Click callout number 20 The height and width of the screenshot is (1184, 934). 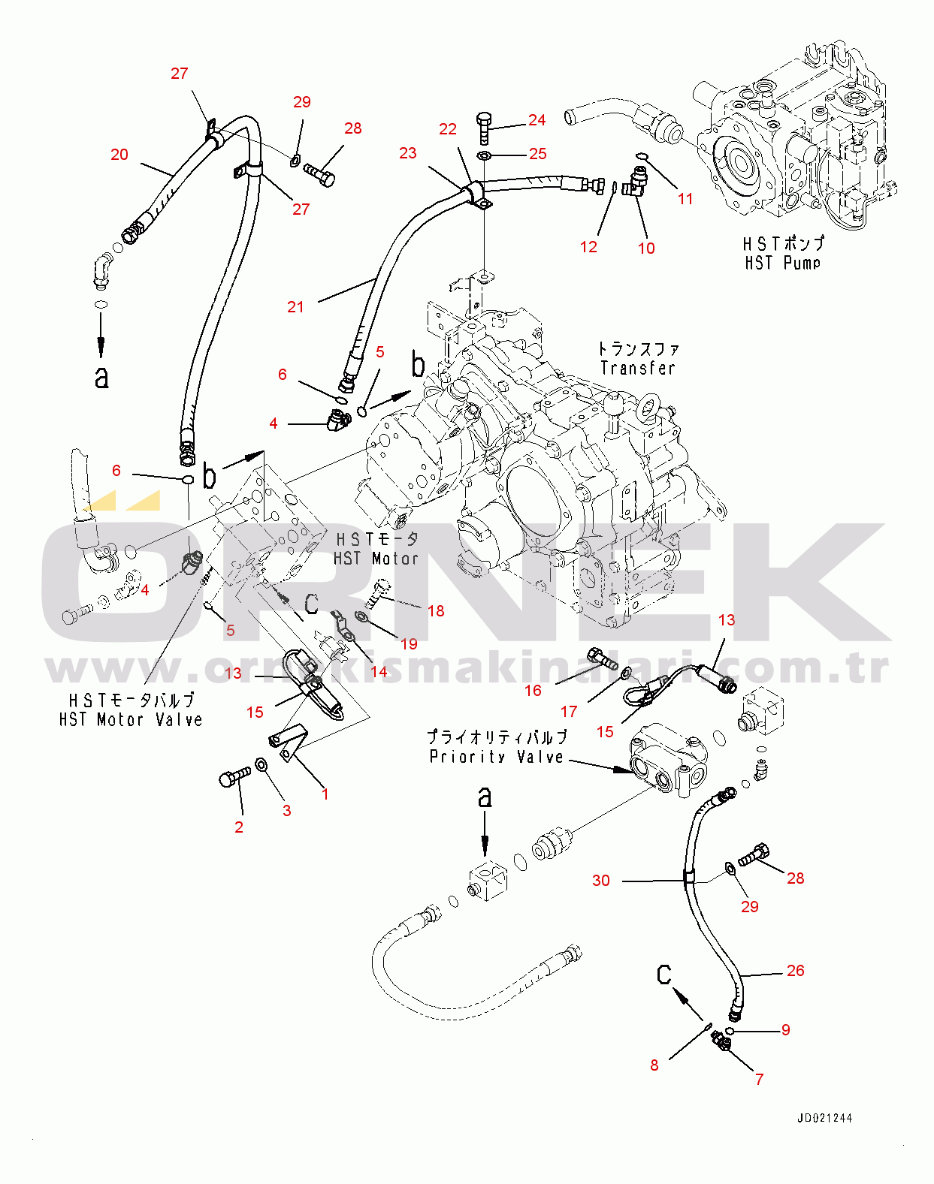[119, 155]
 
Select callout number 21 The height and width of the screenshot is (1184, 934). [295, 306]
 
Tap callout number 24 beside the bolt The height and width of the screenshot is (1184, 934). [537, 120]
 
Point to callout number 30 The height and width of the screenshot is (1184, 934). [601, 880]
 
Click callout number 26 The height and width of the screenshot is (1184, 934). [795, 970]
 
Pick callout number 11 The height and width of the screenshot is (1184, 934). [685, 199]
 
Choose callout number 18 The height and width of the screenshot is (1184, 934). [436, 610]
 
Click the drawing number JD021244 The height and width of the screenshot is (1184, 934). [824, 1118]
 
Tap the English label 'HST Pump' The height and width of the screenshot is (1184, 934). [782, 263]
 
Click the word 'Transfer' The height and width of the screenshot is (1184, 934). [637, 368]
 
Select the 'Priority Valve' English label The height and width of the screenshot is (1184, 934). [496, 756]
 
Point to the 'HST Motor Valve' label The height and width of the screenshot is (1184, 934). [131, 719]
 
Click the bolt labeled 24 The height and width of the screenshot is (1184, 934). [484, 128]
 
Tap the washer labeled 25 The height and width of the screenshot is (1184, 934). [485, 156]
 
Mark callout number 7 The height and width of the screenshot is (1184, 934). [759, 1079]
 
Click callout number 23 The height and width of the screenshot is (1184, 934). [407, 153]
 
